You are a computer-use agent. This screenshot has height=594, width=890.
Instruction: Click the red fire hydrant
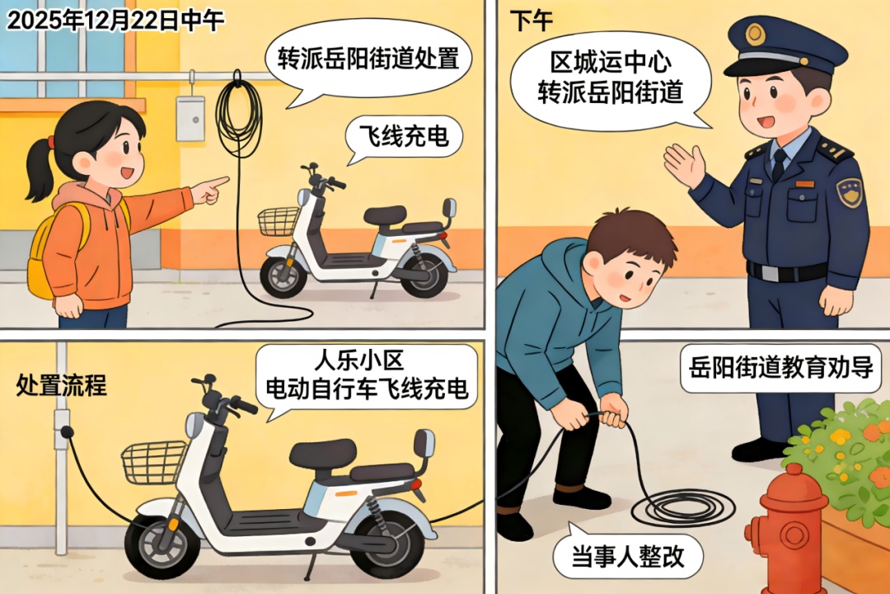pyautogui.click(x=785, y=529)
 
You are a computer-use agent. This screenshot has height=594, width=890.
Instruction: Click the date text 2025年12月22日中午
pyautogui.click(x=115, y=21)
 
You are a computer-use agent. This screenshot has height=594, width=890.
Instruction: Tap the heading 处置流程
pyautogui.click(x=61, y=384)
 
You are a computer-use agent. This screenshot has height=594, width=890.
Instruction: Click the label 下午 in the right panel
pyautogui.click(x=531, y=21)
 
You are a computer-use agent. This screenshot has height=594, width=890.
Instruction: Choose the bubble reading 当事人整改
pyautogui.click(x=628, y=554)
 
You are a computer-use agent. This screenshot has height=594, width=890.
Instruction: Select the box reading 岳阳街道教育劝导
pyautogui.click(x=780, y=367)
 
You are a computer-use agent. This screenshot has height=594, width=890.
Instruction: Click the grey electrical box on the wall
pyautogui.click(x=190, y=118)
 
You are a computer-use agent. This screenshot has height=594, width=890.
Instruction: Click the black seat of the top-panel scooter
pyautogui.click(x=385, y=215)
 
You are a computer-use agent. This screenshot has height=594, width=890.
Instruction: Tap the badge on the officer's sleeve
pyautogui.click(x=849, y=192)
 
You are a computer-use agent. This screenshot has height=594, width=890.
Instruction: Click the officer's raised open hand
pyautogui.click(x=685, y=164)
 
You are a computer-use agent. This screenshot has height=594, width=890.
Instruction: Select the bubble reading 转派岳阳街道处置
pyautogui.click(x=368, y=59)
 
